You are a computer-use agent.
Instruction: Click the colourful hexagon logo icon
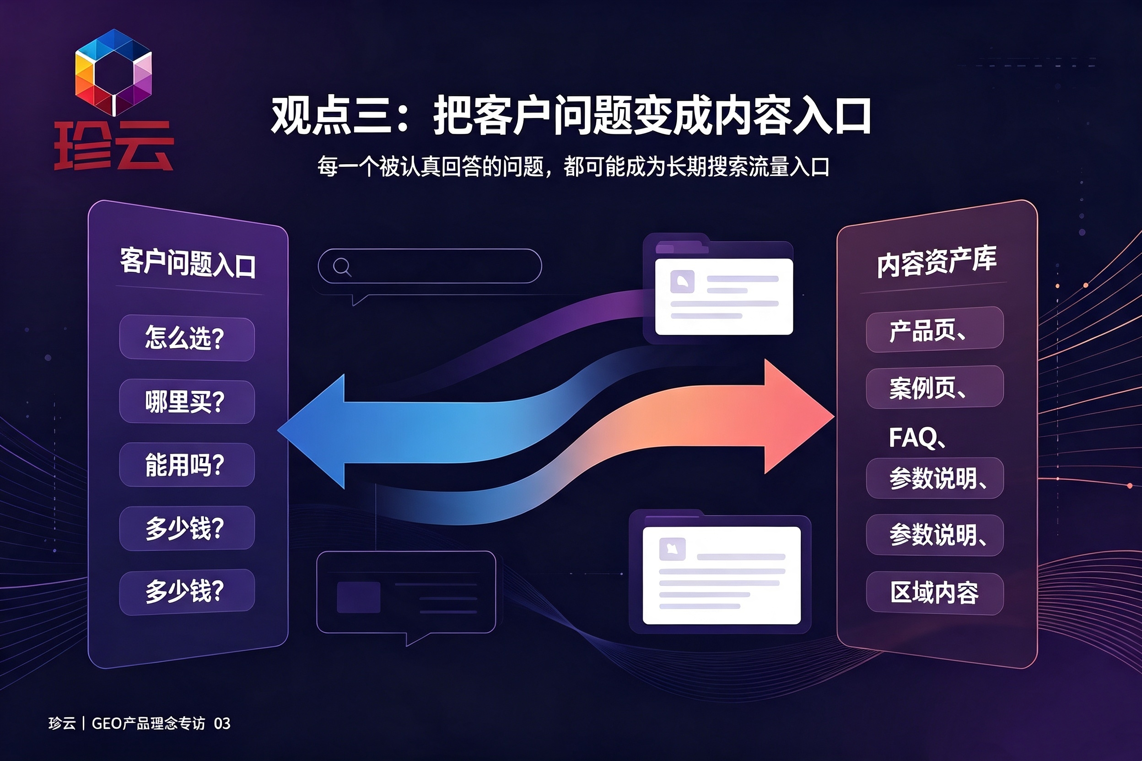point(113,72)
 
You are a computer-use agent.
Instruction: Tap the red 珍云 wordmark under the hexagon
point(113,145)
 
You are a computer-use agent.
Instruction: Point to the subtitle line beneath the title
point(573,166)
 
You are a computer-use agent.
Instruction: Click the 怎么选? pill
point(187,338)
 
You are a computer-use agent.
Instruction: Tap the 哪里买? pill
point(187,402)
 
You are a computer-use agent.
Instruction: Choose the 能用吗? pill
point(187,465)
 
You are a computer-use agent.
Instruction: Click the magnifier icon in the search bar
point(342,267)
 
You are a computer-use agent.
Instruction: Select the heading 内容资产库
point(937,262)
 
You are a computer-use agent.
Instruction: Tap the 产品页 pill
point(935,329)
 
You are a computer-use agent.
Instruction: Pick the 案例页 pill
point(935,387)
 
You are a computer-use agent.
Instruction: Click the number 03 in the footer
point(222,723)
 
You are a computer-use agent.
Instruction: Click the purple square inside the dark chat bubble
point(358,597)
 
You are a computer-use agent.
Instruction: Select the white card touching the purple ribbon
point(724,296)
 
